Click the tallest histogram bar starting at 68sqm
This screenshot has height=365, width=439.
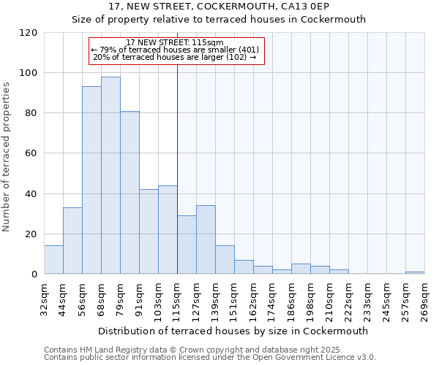point(110,175)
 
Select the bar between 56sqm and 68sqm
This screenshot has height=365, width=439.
point(91,180)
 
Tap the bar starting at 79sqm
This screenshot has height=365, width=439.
point(130,193)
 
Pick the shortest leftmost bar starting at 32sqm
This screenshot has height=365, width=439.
point(53,260)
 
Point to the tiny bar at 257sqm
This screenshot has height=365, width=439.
point(415,272)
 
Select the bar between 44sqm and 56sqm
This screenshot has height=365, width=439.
point(72,241)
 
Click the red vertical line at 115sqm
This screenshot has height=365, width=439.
point(177,168)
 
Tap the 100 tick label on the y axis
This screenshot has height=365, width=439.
point(29,73)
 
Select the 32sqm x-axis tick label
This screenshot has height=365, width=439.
point(44,299)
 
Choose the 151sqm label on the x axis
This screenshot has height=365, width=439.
point(234,299)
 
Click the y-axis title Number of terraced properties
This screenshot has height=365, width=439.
point(7,157)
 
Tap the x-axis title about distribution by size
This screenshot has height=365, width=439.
point(233,331)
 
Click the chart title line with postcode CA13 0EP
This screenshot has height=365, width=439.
point(218,7)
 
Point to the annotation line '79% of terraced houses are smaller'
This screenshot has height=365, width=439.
point(175,50)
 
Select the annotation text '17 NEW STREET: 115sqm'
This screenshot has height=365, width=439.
point(175,42)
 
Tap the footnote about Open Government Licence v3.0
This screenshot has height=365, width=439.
point(210,358)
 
